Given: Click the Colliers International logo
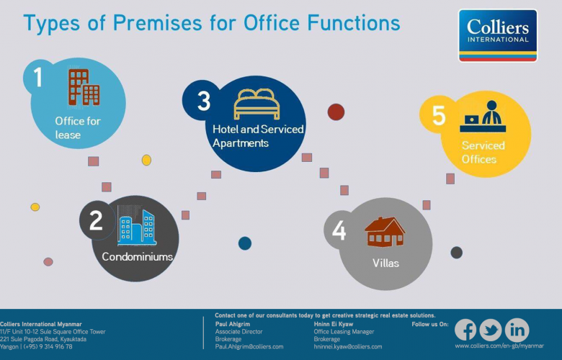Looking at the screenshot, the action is [498, 35].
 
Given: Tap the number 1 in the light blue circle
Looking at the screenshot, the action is [38, 77].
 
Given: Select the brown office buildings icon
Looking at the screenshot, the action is [84, 87].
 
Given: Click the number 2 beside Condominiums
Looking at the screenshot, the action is [96, 220].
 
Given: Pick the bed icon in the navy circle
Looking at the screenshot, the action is [257, 104].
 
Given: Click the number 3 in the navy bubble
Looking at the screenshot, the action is [204, 101].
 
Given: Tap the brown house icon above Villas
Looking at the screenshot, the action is [385, 231].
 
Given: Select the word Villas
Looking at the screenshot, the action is [385, 264].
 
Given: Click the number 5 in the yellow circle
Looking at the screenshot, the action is [439, 115].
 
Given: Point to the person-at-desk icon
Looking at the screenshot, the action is [483, 117].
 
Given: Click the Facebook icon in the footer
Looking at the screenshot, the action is [465, 330].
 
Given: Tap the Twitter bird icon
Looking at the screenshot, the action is [491, 330].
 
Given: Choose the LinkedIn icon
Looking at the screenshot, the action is [517, 330].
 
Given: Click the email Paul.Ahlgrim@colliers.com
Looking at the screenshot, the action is [249, 347].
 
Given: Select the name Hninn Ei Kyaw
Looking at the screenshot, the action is [334, 324].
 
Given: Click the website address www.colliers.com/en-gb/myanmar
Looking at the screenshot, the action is [499, 346].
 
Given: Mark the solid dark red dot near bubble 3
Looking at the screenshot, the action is [336, 112].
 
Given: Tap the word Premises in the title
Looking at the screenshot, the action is [157, 23].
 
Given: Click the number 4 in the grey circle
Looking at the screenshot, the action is [339, 230].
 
